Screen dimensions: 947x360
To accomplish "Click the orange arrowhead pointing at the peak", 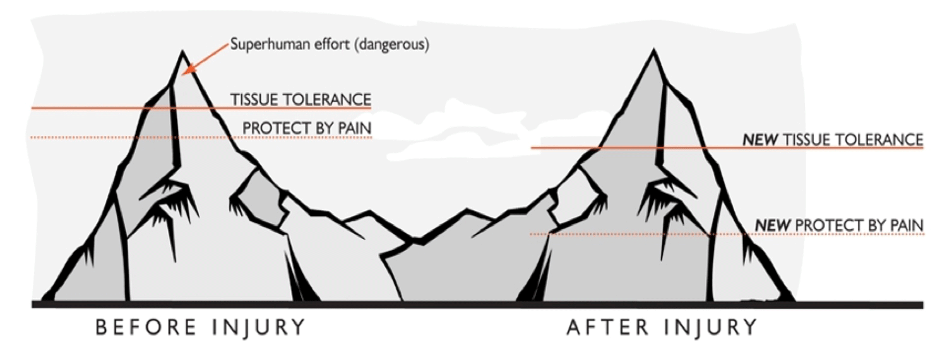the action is click(x=189, y=69).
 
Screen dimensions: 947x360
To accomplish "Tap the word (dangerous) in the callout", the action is click(x=391, y=45).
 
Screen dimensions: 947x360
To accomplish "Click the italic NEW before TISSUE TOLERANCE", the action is click(x=760, y=140).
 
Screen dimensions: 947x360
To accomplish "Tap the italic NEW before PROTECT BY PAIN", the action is click(x=772, y=225).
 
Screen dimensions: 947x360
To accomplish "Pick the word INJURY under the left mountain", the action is click(x=258, y=328).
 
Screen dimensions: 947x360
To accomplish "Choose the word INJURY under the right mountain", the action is click(x=710, y=328).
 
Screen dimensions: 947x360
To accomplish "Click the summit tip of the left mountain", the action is click(x=182, y=51).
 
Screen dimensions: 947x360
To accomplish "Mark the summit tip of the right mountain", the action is click(x=653, y=49).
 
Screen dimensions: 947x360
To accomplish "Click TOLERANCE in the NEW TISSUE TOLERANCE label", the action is click(x=878, y=140).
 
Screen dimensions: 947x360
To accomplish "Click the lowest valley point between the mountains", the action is click(x=417, y=242).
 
